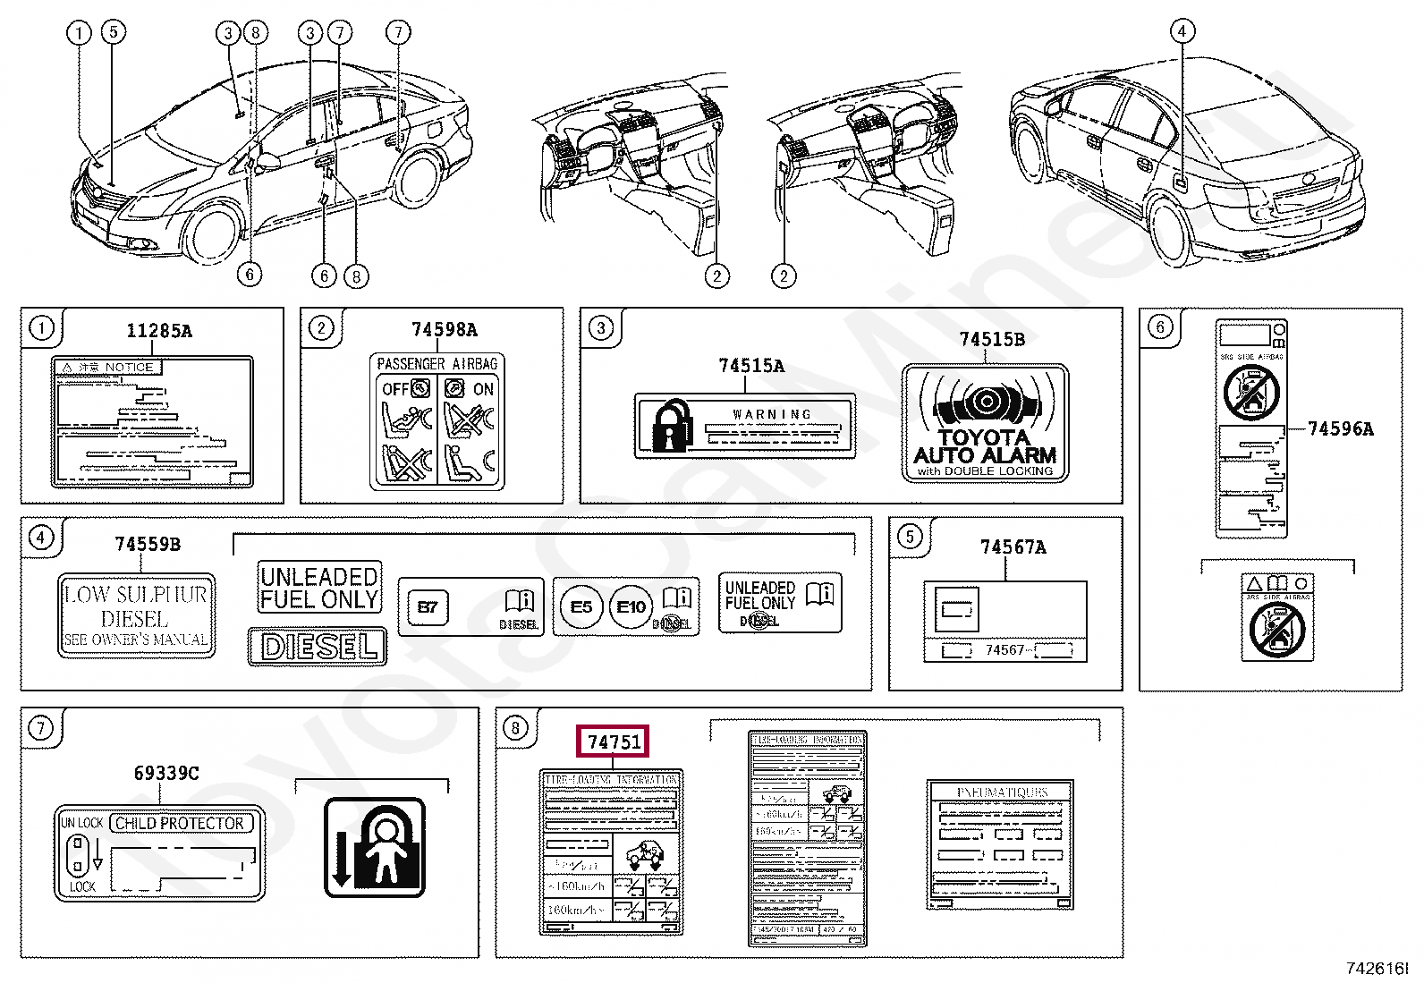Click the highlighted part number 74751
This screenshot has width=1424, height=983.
tap(614, 741)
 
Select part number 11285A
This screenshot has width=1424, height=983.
tap(159, 331)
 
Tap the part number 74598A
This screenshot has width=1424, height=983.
tap(444, 330)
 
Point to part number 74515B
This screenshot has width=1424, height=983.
tap(992, 339)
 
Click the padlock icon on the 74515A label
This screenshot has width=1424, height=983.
tap(672, 426)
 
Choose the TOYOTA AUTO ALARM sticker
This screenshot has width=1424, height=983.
tap(985, 424)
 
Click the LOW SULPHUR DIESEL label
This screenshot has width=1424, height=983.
tap(136, 616)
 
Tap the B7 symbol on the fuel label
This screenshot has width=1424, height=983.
tap(428, 607)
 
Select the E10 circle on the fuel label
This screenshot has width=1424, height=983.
tap(631, 607)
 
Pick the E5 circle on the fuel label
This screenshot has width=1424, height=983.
tap(581, 607)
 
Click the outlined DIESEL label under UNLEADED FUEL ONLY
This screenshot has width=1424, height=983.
tap(318, 646)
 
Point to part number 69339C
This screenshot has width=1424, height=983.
tap(166, 773)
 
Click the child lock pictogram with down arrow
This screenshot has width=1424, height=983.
tap(374, 848)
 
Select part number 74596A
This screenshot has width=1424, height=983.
tap(1340, 428)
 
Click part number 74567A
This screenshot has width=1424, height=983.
tap(1013, 547)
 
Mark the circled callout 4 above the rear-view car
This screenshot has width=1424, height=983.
tap(1182, 32)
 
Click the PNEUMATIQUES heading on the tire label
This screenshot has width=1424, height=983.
tap(1001, 792)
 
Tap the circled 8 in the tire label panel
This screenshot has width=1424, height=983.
tap(515, 728)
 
